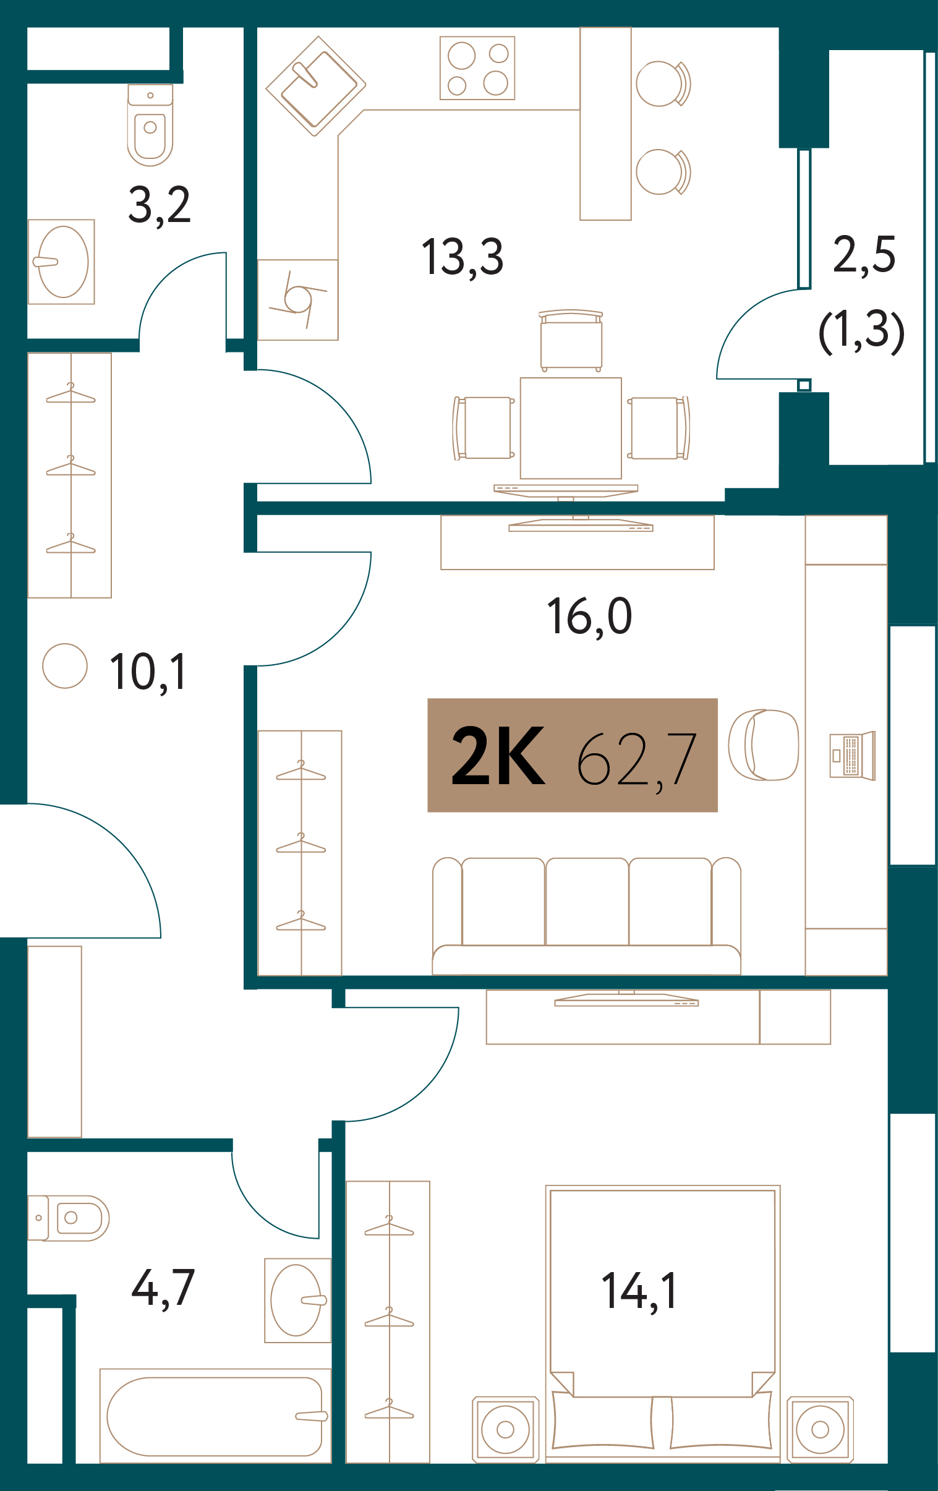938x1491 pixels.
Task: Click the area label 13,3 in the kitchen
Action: (x=463, y=258)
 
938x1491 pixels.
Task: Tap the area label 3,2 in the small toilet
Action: (x=159, y=205)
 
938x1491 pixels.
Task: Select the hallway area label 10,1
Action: (x=148, y=673)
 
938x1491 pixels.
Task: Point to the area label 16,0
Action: (x=589, y=617)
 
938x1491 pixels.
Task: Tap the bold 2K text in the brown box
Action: (x=498, y=756)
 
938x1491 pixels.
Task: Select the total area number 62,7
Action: (x=637, y=759)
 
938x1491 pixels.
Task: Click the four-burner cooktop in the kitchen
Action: (x=477, y=68)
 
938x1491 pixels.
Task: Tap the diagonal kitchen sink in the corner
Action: (x=316, y=85)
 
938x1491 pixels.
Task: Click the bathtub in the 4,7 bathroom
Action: (x=215, y=1417)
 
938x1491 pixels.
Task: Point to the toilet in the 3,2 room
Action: (x=150, y=126)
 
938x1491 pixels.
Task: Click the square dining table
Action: (x=571, y=428)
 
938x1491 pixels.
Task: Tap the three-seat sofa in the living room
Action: (x=586, y=916)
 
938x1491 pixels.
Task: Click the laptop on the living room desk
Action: (x=852, y=756)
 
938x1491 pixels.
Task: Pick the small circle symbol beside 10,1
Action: (x=65, y=665)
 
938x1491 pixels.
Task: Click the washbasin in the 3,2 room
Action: (x=61, y=262)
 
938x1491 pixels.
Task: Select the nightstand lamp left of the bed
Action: (x=506, y=1430)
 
